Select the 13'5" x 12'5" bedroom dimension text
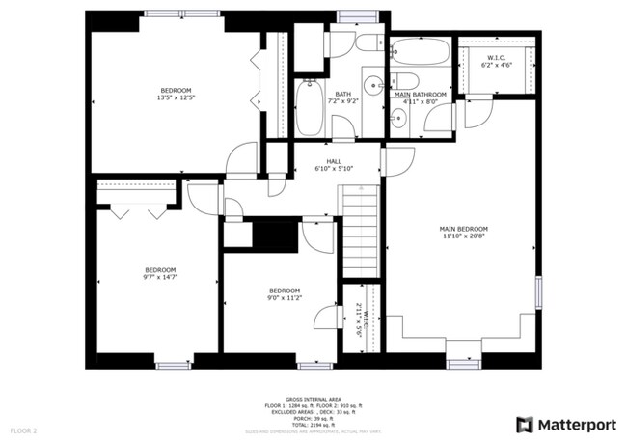pyautogui.click(x=176, y=97)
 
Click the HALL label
pyautogui.click(x=334, y=165)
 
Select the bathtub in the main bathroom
pyautogui.click(x=420, y=51)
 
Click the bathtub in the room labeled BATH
pyautogui.click(x=309, y=107)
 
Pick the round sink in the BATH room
pyautogui.click(x=372, y=81)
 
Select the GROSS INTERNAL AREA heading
pyautogui.click(x=314, y=398)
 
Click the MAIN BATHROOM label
pyautogui.click(x=421, y=96)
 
